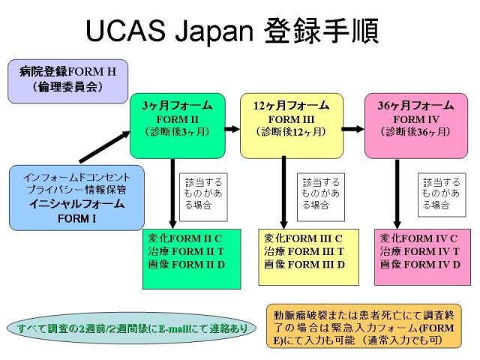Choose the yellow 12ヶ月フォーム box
291,124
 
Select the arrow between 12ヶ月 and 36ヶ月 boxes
350,129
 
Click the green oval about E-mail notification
134,328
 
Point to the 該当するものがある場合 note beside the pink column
441,193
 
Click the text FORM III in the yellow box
291,118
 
